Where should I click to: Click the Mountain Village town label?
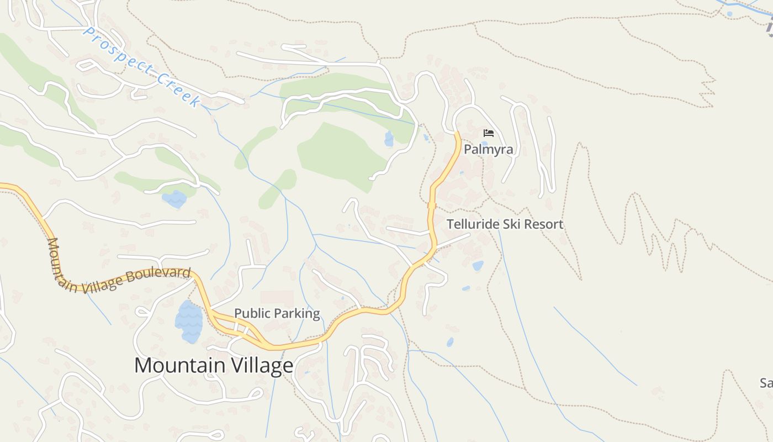pos(214,366)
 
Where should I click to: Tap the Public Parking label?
pos(277,313)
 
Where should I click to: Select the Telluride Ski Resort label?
pos(505,224)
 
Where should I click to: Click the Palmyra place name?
pos(488,149)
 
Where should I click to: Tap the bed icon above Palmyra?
pos(488,133)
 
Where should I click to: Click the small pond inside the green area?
pos(389,139)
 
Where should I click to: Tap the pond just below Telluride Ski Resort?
pos(478,266)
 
